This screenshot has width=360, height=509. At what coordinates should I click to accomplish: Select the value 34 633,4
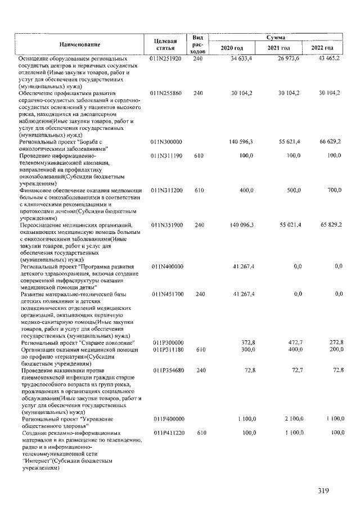click(241, 58)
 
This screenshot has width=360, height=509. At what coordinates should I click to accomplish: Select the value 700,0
click(334, 191)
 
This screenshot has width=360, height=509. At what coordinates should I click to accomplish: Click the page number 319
click(322, 490)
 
